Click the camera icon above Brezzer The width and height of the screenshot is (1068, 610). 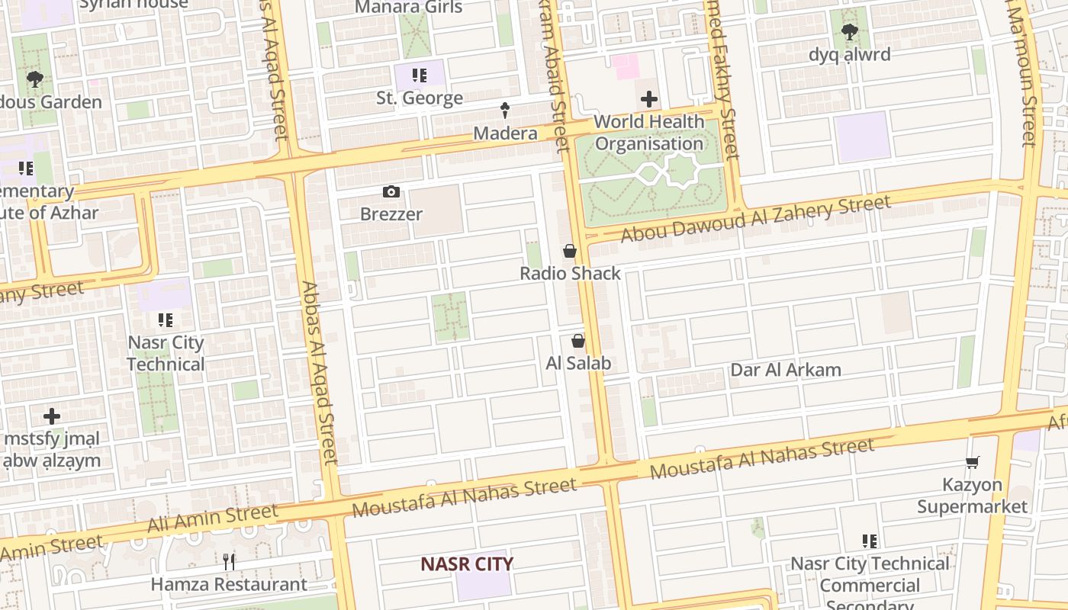(391, 191)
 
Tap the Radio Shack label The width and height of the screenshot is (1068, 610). (570, 273)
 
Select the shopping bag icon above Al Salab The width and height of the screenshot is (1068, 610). (578, 341)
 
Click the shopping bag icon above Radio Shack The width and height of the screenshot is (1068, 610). (570, 251)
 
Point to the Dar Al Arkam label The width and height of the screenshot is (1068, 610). (786, 370)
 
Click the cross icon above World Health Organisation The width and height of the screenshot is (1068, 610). (648, 99)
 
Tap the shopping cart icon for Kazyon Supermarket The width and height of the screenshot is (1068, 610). (972, 462)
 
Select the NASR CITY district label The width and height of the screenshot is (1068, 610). (467, 564)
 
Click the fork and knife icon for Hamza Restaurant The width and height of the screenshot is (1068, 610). (229, 562)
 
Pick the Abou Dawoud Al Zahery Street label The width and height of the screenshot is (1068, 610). (755, 218)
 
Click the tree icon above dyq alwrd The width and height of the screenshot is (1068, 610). (849, 32)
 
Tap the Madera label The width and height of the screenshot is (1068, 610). (505, 133)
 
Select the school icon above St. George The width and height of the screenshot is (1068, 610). (420, 75)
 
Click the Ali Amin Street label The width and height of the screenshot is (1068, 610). (213, 518)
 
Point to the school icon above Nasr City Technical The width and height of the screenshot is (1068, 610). (166, 320)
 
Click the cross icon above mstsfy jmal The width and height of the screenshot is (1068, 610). (52, 416)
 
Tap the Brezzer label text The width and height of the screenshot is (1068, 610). (391, 214)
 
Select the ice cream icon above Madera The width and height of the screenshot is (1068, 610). (504, 111)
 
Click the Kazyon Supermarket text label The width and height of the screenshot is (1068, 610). (972, 496)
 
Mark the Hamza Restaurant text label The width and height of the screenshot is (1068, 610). (229, 585)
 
